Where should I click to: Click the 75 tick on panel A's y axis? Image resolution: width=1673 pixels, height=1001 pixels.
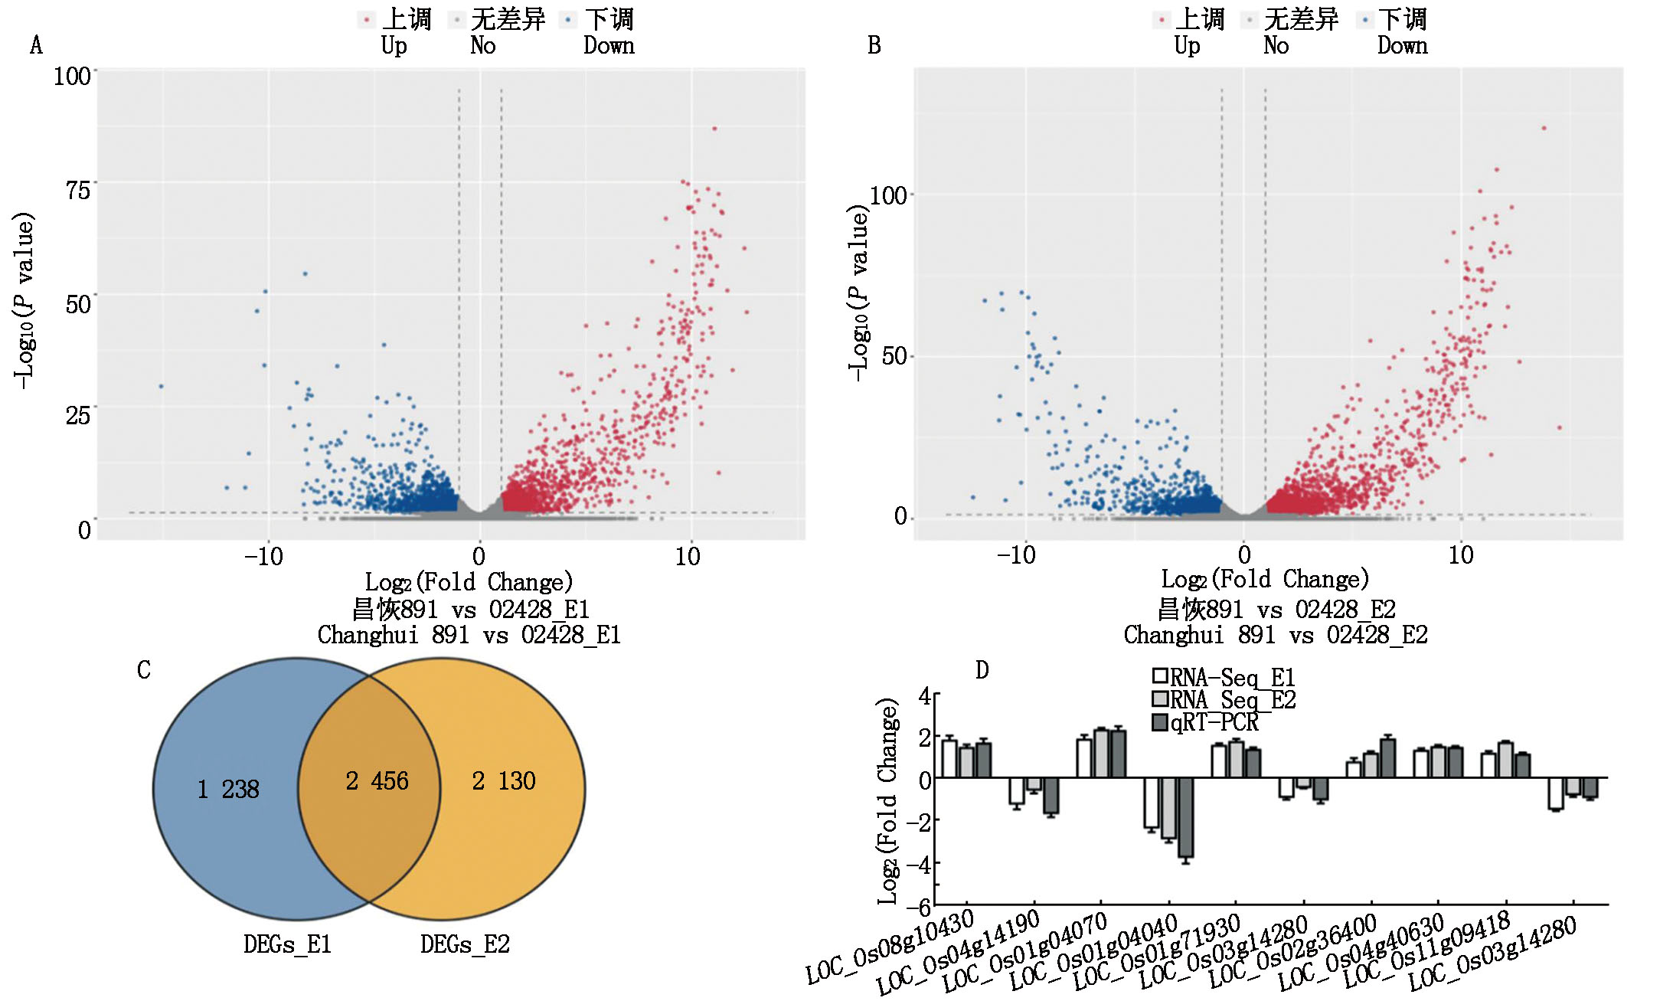click(78, 189)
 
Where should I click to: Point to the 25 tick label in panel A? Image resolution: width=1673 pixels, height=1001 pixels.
click(78, 416)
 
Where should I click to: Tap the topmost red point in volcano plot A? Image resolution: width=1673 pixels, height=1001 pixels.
click(714, 129)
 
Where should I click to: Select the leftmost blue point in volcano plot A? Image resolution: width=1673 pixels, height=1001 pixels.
click(161, 386)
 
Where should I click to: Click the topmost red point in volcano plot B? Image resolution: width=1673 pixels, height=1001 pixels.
click(1544, 128)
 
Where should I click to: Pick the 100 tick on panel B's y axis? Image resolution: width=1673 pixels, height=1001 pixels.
click(888, 195)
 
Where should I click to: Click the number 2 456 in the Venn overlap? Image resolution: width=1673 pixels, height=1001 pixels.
click(377, 780)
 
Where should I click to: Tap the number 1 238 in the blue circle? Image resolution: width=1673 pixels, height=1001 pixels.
click(228, 789)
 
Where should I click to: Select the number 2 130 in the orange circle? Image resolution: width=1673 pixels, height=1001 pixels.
click(503, 780)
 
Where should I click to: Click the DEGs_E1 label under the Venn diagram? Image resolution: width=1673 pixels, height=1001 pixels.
click(287, 944)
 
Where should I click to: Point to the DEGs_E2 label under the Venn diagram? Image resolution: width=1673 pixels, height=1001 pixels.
click(465, 944)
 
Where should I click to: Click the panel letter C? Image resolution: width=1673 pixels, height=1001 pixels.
click(144, 670)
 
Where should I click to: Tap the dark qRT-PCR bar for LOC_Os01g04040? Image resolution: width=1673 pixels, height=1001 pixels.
click(1185, 817)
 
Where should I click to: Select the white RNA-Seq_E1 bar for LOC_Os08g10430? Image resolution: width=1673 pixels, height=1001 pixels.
click(949, 759)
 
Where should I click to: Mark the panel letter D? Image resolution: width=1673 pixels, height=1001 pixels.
click(982, 670)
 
